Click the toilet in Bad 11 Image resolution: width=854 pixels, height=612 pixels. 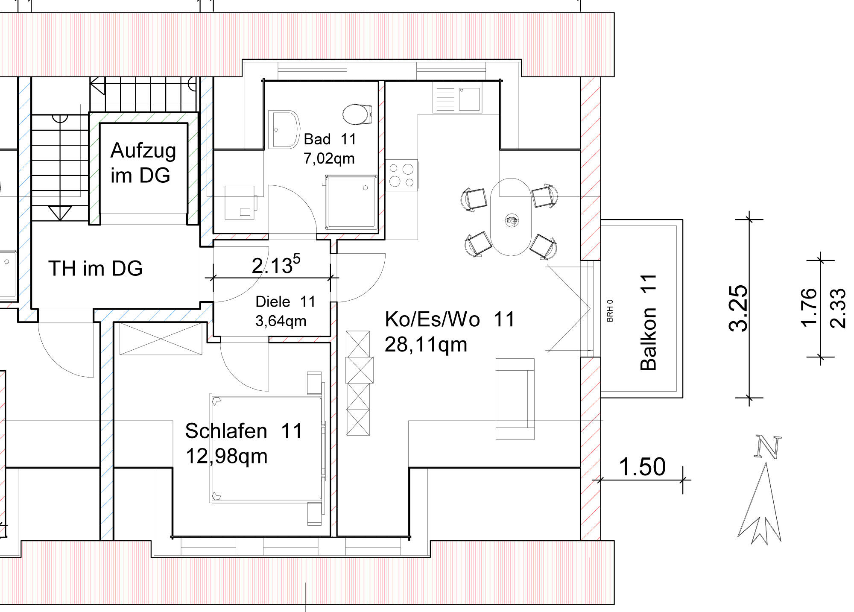pyautogui.click(x=357, y=114)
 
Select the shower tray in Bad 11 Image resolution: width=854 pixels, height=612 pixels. pyautogui.click(x=351, y=202)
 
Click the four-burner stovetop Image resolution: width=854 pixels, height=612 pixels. pyautogui.click(x=401, y=175)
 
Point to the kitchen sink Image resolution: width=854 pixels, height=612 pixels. pyautogui.click(x=457, y=99)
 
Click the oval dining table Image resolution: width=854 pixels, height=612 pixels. pyautogui.click(x=512, y=217)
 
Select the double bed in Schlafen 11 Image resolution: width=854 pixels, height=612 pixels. pyautogui.click(x=267, y=448)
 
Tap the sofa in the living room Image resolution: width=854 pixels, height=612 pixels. pyautogui.click(x=515, y=399)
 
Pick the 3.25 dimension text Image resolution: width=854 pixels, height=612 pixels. pyautogui.click(x=738, y=308)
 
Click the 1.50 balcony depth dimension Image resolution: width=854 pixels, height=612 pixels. pyautogui.click(x=642, y=466)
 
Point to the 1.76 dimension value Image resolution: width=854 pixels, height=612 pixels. pyautogui.click(x=809, y=308)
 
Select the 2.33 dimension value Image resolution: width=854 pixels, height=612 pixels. pyautogui.click(x=837, y=308)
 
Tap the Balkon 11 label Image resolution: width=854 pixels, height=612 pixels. pyautogui.click(x=648, y=322)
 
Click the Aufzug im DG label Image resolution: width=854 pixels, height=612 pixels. pyautogui.click(x=143, y=163)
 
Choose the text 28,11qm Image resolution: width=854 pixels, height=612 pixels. pyautogui.click(x=426, y=345)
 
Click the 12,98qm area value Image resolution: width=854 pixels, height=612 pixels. pyautogui.click(x=226, y=456)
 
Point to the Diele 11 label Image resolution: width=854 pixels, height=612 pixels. pyautogui.click(x=285, y=302)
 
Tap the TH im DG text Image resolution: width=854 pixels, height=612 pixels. pyautogui.click(x=95, y=268)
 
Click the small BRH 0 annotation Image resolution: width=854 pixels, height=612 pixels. pyautogui.click(x=610, y=310)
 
